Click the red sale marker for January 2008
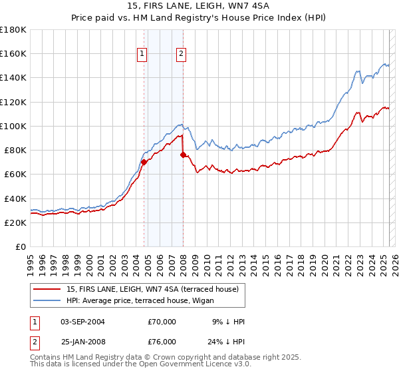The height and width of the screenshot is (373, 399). point(183,155)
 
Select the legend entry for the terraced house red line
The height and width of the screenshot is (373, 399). point(147,289)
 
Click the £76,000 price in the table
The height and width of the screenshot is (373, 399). point(162,341)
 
